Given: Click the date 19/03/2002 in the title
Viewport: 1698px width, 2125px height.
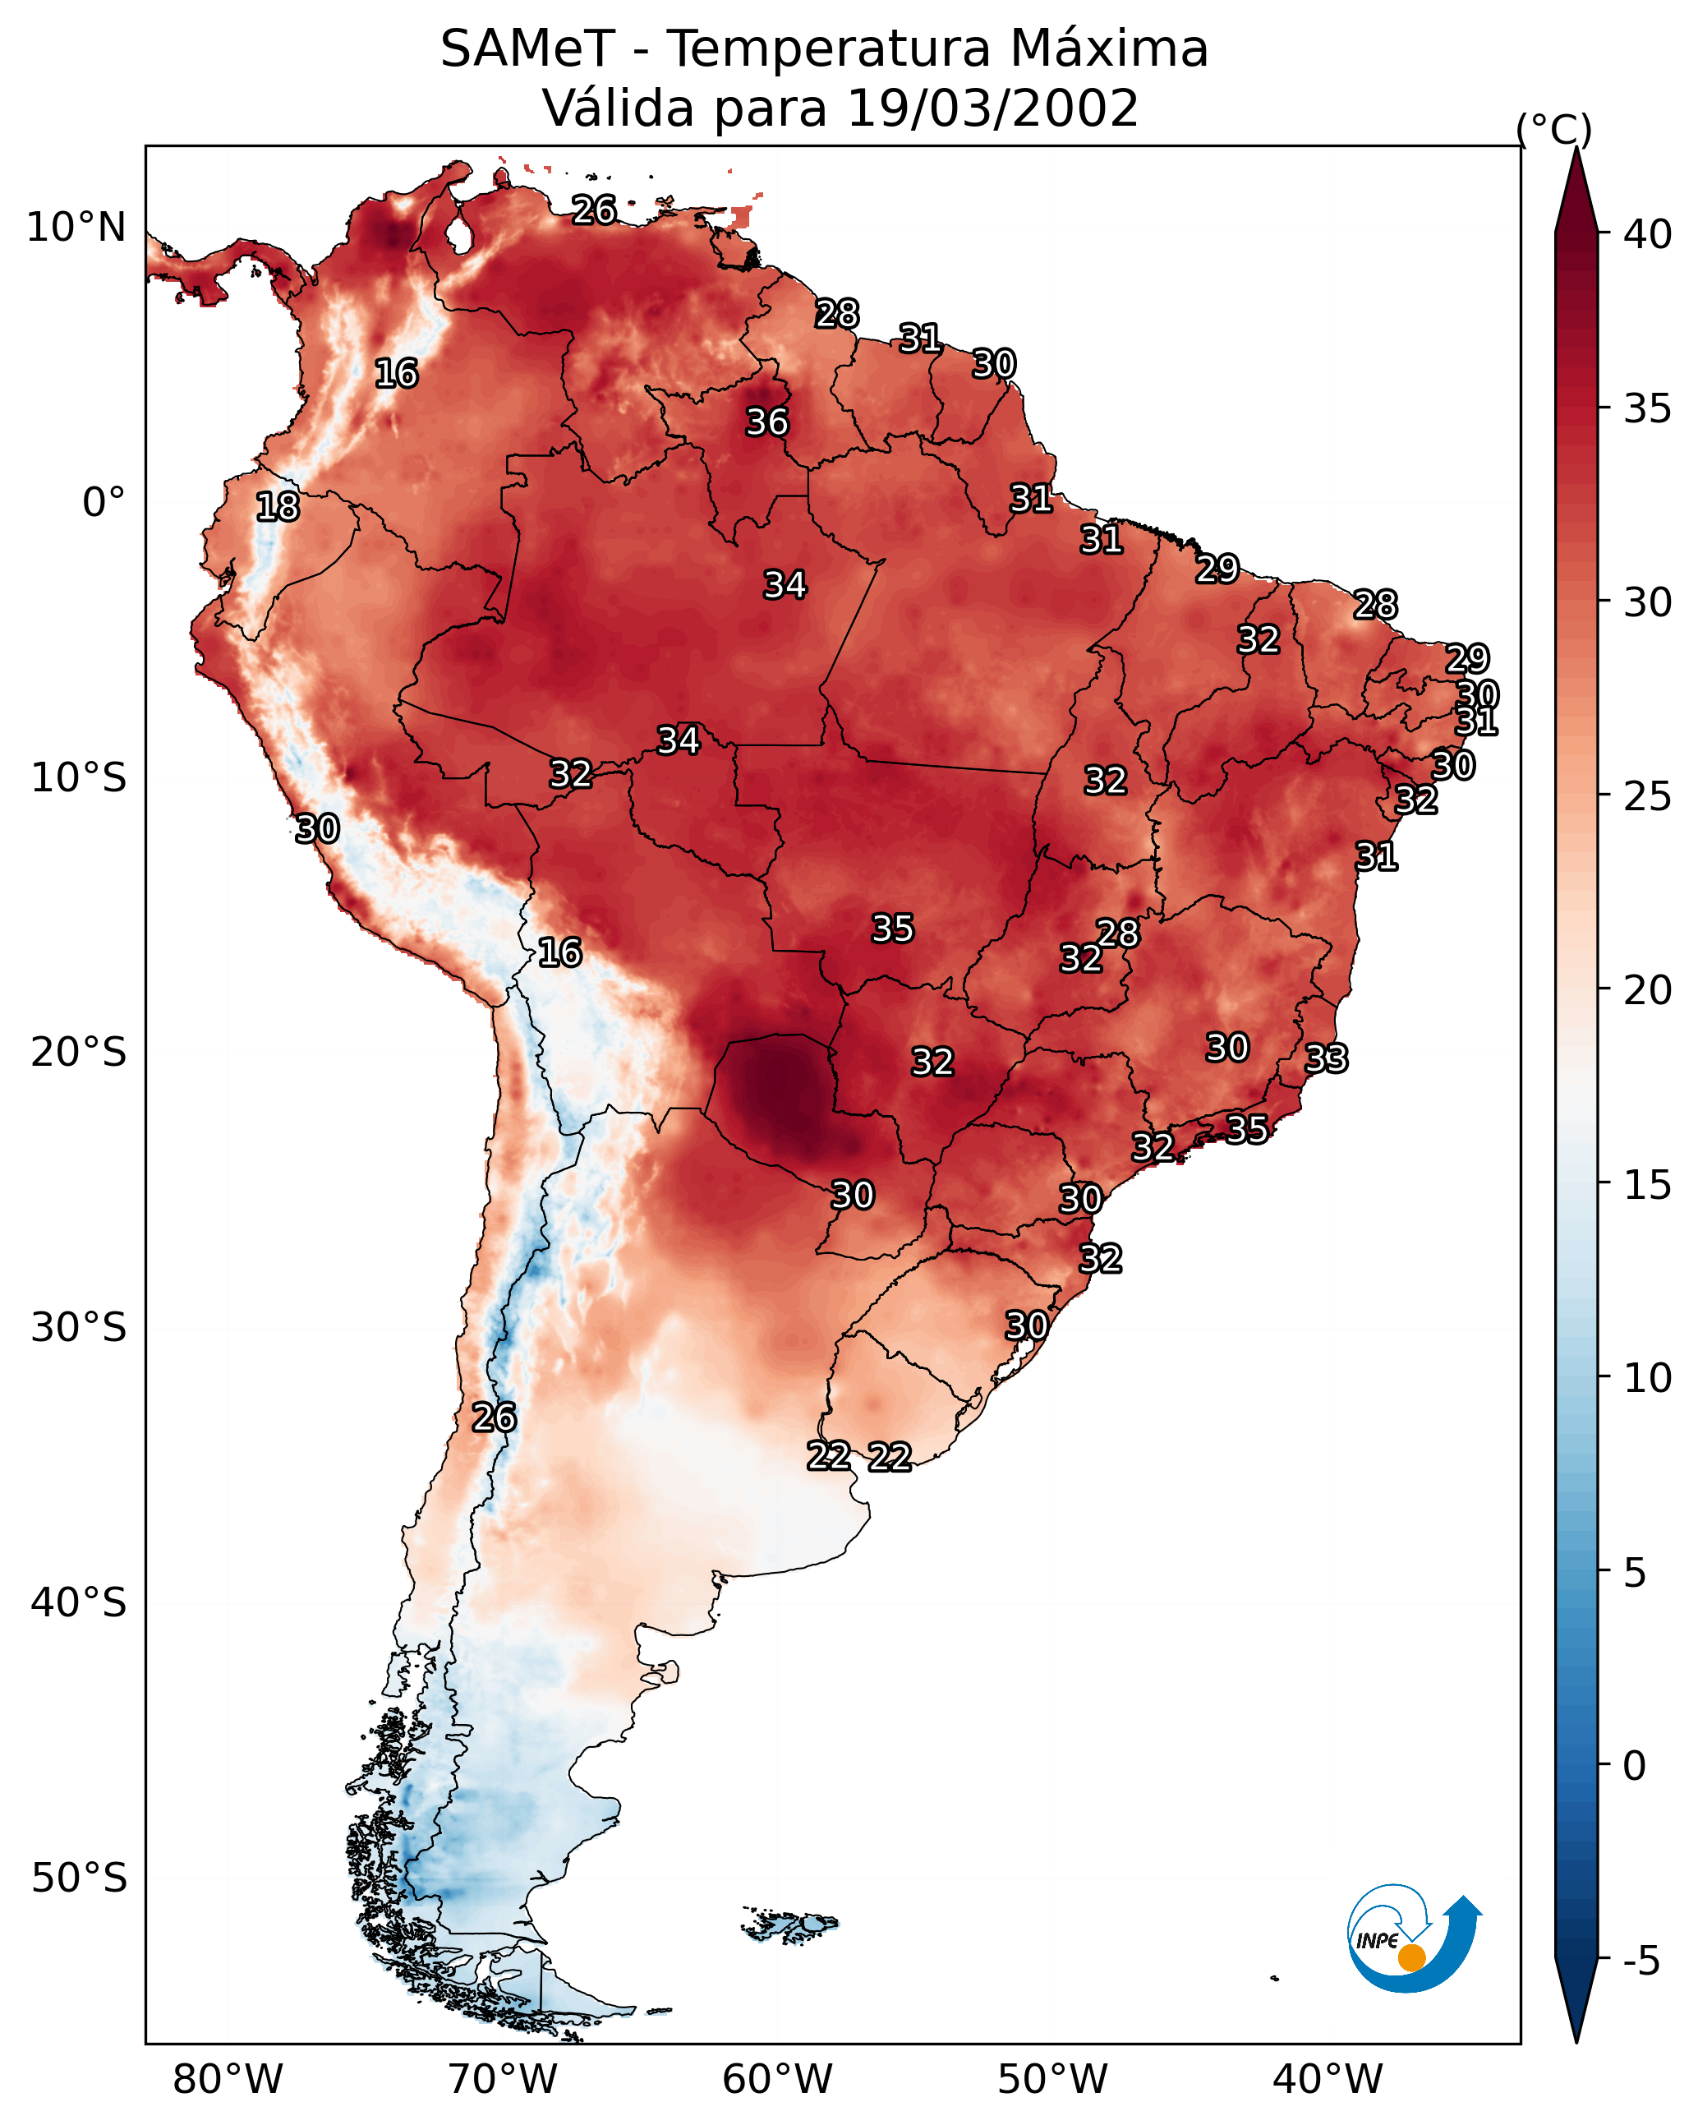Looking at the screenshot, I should [x=992, y=108].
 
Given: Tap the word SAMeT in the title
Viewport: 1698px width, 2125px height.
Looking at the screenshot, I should [x=527, y=49].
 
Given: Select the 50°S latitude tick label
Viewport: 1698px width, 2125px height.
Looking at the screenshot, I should [x=79, y=1878].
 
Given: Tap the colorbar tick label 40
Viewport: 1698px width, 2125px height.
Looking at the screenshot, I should [x=1647, y=234].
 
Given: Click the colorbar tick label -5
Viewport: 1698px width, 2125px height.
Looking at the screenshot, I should [x=1640, y=1961].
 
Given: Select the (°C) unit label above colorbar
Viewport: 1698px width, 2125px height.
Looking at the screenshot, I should [x=1553, y=128].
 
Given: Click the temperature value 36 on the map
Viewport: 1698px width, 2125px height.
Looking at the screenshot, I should [x=766, y=422].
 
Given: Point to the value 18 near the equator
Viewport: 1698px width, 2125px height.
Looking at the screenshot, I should [x=277, y=507].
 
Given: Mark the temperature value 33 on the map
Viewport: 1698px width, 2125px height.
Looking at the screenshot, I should [x=1326, y=1058].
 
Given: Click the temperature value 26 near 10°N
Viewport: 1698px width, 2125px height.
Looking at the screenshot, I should [x=594, y=210].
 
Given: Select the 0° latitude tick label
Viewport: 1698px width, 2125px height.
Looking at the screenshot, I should [x=104, y=503].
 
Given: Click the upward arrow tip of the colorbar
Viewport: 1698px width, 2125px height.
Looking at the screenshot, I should [x=1576, y=153].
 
